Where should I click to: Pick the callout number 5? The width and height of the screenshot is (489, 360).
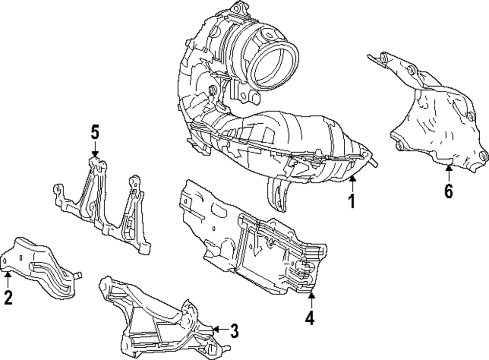94,132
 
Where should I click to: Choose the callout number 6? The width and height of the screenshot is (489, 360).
448,190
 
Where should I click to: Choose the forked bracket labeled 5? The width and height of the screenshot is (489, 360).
103,205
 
